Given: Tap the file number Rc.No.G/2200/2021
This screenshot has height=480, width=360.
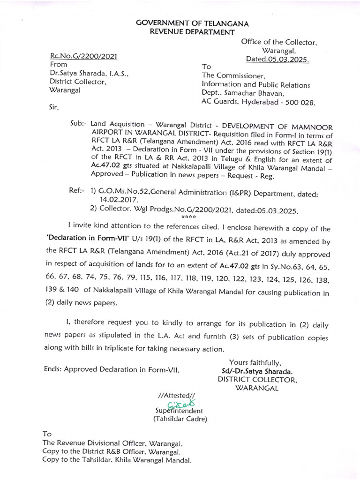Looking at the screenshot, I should tap(83, 57).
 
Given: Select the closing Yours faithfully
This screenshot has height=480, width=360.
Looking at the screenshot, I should tap(255, 362).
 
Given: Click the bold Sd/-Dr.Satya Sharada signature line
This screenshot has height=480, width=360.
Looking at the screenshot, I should tap(255, 370).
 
